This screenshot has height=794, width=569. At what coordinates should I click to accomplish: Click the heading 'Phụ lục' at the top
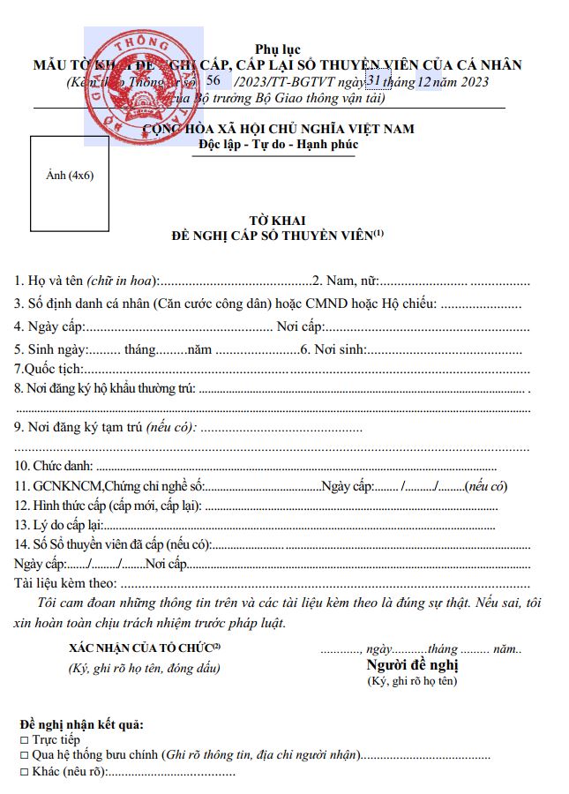tap(276, 49)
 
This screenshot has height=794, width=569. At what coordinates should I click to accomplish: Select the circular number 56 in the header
tap(213, 80)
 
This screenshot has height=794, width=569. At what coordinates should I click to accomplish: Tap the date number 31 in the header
tap(374, 80)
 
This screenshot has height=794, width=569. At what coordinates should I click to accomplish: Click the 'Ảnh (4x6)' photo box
tap(70, 175)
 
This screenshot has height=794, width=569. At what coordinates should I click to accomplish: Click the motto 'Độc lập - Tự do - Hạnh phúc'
tap(279, 144)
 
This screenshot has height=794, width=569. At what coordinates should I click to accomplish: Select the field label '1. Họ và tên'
tap(49, 281)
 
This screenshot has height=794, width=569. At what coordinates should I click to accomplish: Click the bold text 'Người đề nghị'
tap(412, 665)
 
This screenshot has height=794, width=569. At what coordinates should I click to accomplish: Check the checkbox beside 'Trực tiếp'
tap(23, 741)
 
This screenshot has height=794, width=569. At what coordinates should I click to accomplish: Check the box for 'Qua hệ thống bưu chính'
tap(23, 756)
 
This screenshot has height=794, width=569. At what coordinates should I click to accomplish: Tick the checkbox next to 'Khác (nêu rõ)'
tap(23, 772)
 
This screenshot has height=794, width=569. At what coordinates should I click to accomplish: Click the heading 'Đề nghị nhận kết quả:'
tap(80, 726)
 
